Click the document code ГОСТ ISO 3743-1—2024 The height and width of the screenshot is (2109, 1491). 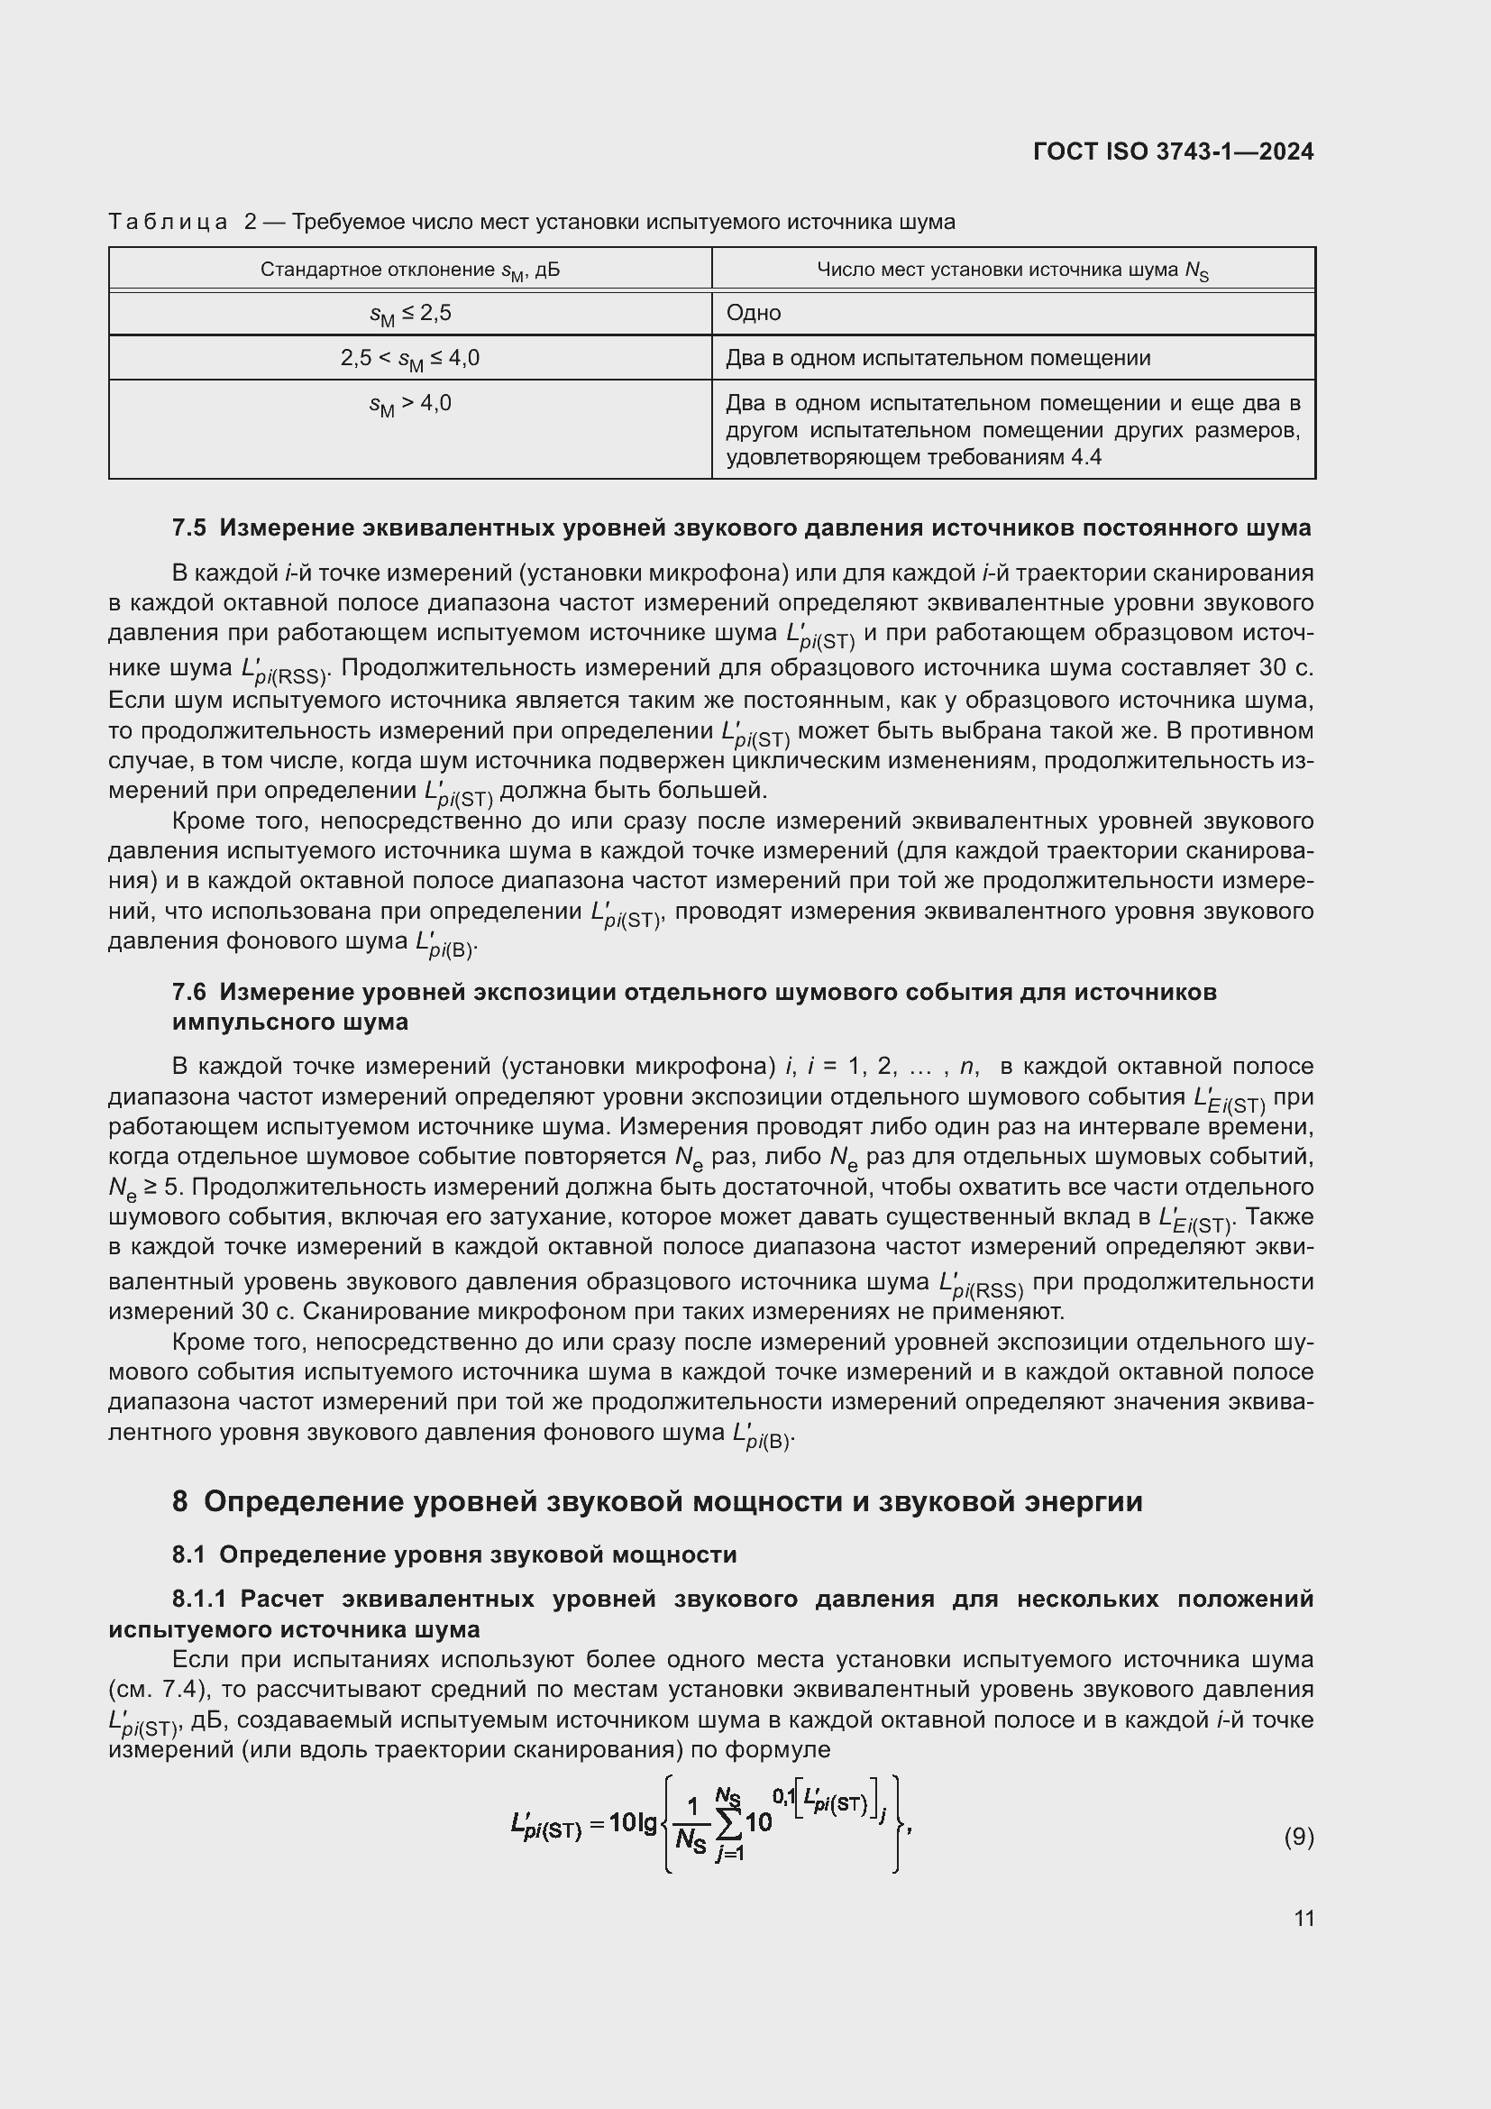point(1173,151)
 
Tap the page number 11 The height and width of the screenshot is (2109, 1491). point(1303,1918)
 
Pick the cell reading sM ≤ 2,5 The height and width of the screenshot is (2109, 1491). point(409,314)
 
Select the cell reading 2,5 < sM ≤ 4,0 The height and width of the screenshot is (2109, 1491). point(409,358)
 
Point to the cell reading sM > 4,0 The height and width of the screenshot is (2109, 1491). point(409,404)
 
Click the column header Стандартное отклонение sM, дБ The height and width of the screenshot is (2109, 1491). point(409,271)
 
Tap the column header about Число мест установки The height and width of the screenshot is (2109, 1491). point(1012,271)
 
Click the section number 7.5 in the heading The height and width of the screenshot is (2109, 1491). point(189,528)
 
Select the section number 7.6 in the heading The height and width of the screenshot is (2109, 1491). point(189,992)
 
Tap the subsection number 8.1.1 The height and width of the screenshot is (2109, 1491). point(198,1600)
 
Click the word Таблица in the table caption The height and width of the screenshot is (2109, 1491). point(168,223)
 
